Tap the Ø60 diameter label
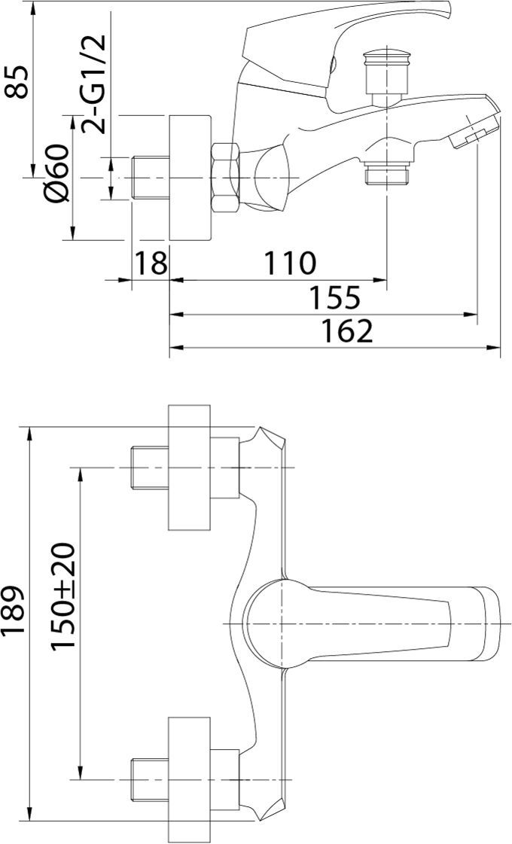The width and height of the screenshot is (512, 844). (x=58, y=172)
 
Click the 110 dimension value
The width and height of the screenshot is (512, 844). (x=290, y=263)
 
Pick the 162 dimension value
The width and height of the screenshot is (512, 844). (x=347, y=331)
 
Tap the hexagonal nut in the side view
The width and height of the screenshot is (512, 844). (x=226, y=177)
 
